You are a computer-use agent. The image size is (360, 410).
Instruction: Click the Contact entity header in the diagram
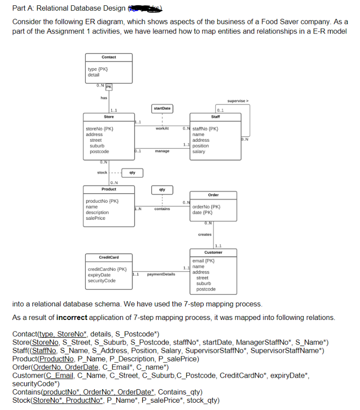click(109, 57)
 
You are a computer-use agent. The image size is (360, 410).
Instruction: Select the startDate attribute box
click(162, 108)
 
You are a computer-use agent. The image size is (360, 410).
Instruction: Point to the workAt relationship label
click(162, 128)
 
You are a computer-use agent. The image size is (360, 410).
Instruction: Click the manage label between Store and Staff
click(162, 151)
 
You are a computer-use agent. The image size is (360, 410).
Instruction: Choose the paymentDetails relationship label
click(160, 274)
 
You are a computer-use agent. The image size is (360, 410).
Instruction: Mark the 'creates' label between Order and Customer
click(204, 234)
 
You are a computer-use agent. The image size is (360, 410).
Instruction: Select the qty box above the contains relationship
click(162, 190)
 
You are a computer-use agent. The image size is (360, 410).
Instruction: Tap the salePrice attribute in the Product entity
click(95, 218)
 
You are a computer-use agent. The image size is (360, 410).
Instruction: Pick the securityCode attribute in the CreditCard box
click(101, 281)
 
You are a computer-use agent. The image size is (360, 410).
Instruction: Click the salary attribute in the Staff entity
click(199, 152)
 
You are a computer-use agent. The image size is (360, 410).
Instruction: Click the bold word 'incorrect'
click(71, 318)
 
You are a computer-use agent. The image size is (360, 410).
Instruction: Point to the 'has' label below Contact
click(104, 98)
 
